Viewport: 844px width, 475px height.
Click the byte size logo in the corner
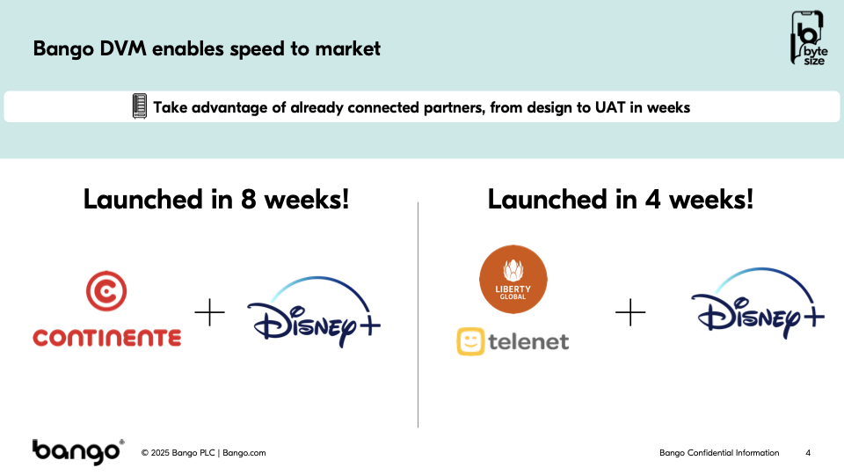(808, 38)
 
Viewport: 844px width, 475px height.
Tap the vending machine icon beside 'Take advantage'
(140, 106)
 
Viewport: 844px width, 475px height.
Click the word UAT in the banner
(610, 107)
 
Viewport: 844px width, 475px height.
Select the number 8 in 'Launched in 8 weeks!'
(248, 200)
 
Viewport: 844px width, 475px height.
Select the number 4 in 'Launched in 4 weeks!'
(653, 200)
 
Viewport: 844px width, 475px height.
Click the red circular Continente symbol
(106, 291)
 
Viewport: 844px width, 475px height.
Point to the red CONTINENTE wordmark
(107, 338)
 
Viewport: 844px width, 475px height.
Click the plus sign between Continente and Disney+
(209, 312)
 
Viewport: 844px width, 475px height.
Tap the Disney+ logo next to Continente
(314, 311)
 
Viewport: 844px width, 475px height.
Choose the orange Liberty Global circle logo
(513, 279)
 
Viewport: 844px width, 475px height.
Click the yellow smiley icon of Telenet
(470, 341)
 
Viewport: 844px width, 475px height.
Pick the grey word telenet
(528, 341)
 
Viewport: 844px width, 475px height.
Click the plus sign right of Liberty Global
(630, 312)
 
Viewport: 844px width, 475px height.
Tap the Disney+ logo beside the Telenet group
(758, 303)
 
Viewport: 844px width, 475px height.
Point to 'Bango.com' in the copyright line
(244, 453)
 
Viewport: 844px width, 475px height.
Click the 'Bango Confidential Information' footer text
(719, 453)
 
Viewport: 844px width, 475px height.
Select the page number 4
(808, 453)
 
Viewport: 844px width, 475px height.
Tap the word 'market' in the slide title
(348, 48)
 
